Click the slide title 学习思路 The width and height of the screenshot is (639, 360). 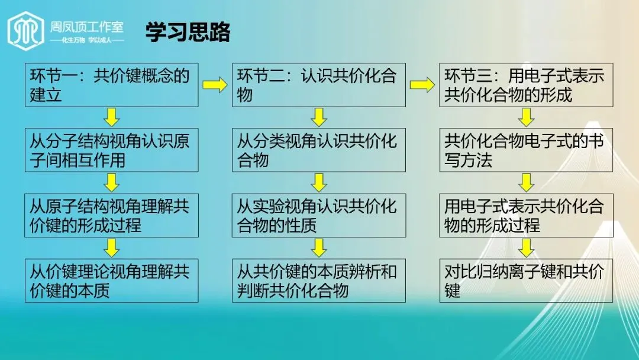tap(188, 33)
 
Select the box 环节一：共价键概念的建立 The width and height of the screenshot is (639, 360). tap(111, 85)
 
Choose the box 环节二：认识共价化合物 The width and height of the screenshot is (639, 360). tap(318, 85)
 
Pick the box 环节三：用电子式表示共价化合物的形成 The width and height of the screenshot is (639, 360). tap(525, 85)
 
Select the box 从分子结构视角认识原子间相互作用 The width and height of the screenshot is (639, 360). tap(111, 150)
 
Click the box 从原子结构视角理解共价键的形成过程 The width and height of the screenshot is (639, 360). tap(111, 215)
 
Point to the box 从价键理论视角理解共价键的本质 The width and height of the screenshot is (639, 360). tap(111, 281)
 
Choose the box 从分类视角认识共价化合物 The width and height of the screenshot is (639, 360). tap(318, 150)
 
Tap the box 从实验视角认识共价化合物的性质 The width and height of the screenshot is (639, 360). tap(318, 215)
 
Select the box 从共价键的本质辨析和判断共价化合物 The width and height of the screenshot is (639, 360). tap(318, 281)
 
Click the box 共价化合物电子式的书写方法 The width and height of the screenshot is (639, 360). tap(525, 150)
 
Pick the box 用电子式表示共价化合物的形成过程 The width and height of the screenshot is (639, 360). tap(525, 215)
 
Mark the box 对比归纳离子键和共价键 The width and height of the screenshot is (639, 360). tap(525, 281)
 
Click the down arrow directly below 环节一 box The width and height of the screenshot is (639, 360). tap(112, 117)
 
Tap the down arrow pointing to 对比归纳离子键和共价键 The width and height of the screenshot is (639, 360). tap(526, 247)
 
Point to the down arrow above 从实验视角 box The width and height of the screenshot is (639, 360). tap(319, 182)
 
